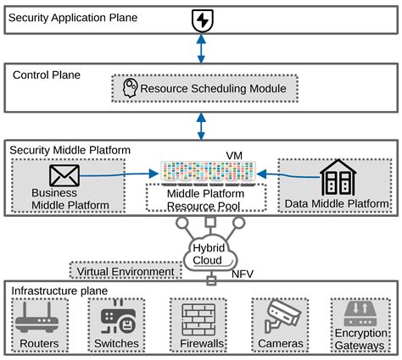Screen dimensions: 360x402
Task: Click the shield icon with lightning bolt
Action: [201, 19]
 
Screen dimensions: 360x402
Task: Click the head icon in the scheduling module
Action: [131, 87]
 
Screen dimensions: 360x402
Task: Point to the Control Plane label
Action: [47, 75]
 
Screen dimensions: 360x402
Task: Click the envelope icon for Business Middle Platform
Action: [64, 176]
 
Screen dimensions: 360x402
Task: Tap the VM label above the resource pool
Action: [235, 156]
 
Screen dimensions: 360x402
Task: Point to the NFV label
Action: [243, 275]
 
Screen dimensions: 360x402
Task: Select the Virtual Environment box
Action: [126, 272]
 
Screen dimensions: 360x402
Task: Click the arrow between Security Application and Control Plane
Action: [201, 49]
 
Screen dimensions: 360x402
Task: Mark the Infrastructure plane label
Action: [59, 291]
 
